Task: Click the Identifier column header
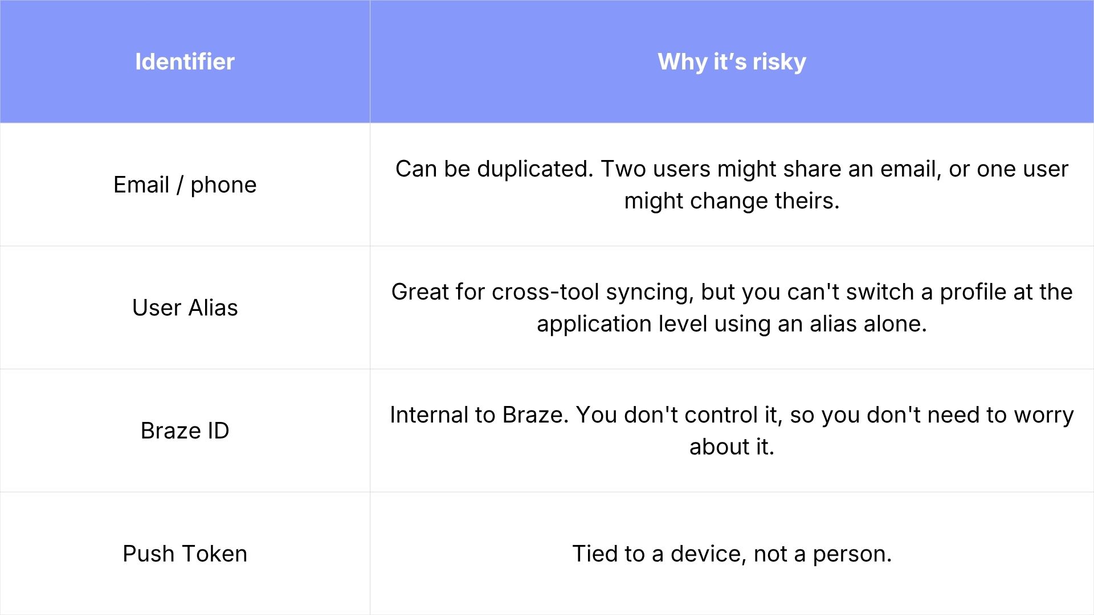coord(185,61)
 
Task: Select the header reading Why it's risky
coord(732,61)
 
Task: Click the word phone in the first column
coord(223,185)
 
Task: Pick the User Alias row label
coord(185,307)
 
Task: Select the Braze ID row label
coord(185,430)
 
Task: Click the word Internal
coord(429,415)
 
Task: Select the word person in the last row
coord(852,554)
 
